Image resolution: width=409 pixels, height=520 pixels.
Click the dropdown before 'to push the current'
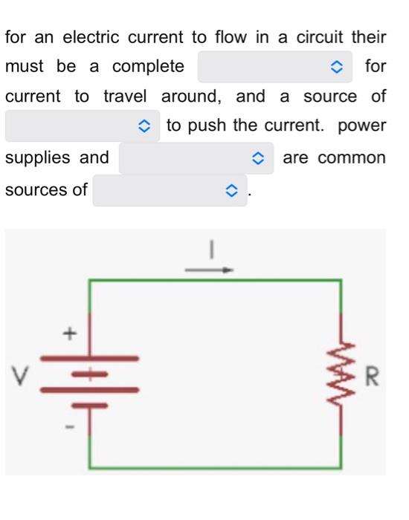coord(83,126)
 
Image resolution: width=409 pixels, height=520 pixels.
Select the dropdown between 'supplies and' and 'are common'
coord(196,158)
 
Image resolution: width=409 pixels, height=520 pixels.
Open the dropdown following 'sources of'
coord(169,190)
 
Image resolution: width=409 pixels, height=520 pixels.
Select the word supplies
coord(37,158)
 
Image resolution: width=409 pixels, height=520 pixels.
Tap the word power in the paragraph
coord(361,126)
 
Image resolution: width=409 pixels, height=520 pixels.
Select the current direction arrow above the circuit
coord(210,270)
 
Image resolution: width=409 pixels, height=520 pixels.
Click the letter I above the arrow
coord(211,250)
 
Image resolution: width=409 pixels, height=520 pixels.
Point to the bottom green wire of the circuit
coord(216,467)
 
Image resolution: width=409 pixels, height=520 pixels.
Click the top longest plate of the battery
coord(89,358)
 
